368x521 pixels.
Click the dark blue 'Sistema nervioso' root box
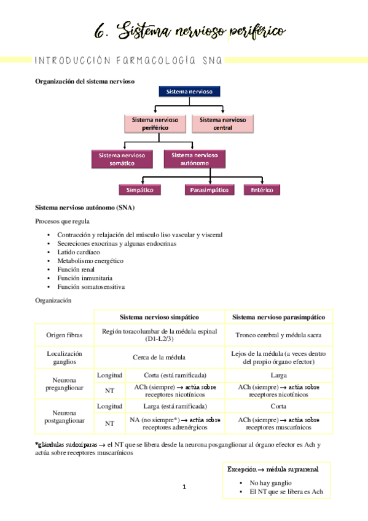[189, 92]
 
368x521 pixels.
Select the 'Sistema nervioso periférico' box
[155, 123]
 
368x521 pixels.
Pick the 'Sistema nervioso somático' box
[122, 159]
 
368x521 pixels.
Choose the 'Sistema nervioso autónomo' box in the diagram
[194, 159]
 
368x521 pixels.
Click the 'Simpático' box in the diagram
[140, 190]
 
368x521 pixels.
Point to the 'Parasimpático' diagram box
[209, 190]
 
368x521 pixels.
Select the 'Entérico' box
[262, 190]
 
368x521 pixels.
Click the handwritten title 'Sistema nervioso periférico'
[190, 29]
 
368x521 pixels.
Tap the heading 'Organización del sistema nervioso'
[85, 80]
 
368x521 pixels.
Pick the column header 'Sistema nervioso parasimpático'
[279, 317]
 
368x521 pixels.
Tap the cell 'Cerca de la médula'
[159, 357]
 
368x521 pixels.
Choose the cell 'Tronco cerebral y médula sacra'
[279, 335]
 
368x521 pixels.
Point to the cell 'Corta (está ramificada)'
[175, 375]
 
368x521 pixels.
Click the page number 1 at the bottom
[184, 487]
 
